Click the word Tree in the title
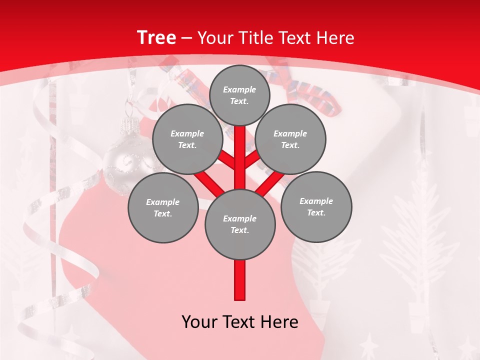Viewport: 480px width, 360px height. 156,38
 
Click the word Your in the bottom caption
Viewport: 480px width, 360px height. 198,322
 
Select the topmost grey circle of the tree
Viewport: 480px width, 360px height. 239,95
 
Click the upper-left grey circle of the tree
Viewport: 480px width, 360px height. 187,139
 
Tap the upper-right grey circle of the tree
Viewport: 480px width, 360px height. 290,139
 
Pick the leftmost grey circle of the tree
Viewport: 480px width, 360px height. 162,207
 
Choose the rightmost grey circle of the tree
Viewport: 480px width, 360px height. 316,206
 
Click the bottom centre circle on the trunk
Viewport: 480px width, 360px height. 240,224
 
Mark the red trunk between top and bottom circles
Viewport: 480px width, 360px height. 240,157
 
